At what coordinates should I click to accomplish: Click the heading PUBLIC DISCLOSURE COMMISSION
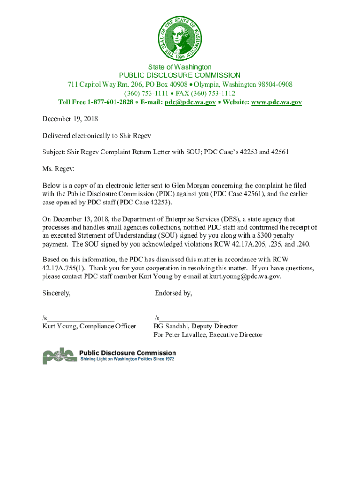[180, 75]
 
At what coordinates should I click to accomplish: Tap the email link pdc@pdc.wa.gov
[190, 102]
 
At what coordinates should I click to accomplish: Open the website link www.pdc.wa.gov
[276, 102]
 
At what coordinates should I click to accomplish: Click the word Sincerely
[57, 293]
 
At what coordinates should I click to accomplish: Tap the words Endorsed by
[173, 293]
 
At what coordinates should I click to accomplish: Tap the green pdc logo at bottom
[59, 356]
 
